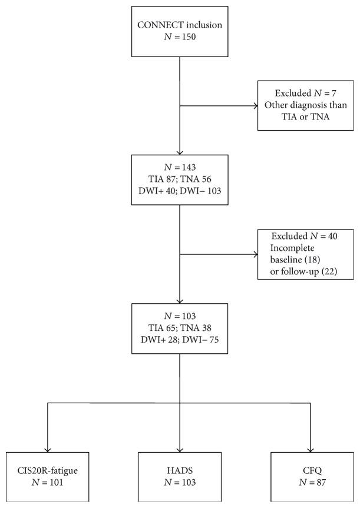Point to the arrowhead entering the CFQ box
pos(311,449)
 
